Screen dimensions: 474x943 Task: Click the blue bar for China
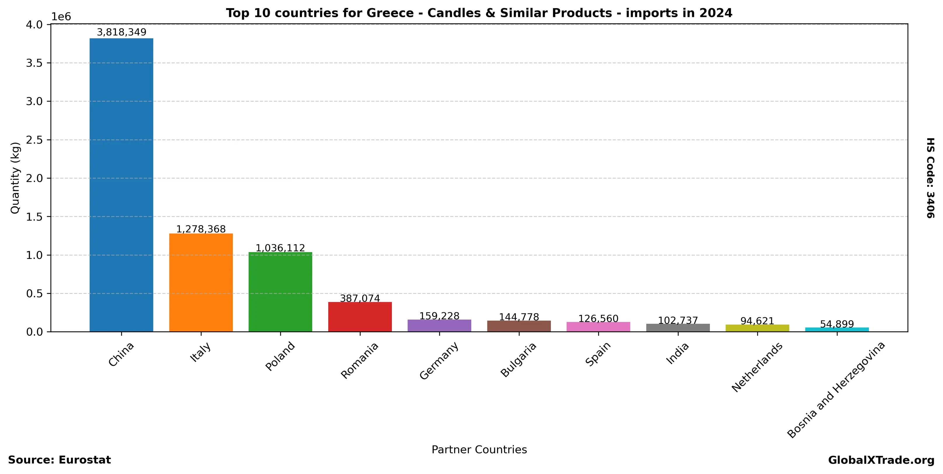pyautogui.click(x=121, y=185)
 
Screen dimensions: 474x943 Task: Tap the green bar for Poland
pyautogui.click(x=280, y=292)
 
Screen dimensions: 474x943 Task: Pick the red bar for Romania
pyautogui.click(x=360, y=317)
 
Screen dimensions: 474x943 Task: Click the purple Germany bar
pyautogui.click(x=439, y=325)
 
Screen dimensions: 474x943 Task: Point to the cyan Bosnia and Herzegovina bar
pyautogui.click(x=837, y=330)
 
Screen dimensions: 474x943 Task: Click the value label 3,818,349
pyautogui.click(x=121, y=32)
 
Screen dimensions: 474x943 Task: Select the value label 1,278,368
pyautogui.click(x=201, y=229)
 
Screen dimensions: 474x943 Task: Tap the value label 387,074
pyautogui.click(x=360, y=299)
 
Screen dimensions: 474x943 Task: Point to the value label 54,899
pyautogui.click(x=837, y=324)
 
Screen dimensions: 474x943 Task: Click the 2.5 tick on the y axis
pyautogui.click(x=34, y=140)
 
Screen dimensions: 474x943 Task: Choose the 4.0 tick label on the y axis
pyautogui.click(x=34, y=25)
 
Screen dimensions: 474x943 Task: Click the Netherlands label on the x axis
pyautogui.click(x=757, y=367)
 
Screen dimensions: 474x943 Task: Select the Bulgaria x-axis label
pyautogui.click(x=518, y=360)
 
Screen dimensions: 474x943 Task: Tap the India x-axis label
pyautogui.click(x=677, y=353)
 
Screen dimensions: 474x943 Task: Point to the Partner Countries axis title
pyautogui.click(x=479, y=449)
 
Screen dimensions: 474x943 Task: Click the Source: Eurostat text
pyautogui.click(x=59, y=460)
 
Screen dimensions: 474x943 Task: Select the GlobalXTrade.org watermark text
pyautogui.click(x=881, y=460)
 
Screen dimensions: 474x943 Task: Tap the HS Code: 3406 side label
pyautogui.click(x=930, y=178)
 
